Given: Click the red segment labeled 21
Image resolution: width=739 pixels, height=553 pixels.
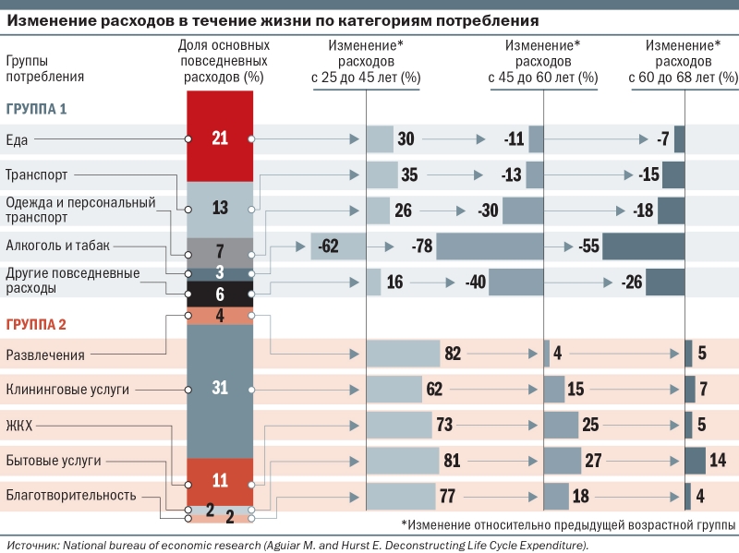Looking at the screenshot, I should tap(220, 138).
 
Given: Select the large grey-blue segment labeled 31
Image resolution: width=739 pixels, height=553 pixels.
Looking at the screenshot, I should tap(220, 388).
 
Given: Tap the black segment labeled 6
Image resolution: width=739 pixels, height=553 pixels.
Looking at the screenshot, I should tap(220, 295).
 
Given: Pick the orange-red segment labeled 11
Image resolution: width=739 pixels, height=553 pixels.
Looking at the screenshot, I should tap(220, 480).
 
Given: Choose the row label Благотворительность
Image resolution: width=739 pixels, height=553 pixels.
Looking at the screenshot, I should tap(71, 495).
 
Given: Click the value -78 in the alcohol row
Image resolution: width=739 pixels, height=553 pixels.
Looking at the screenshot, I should tap(421, 246).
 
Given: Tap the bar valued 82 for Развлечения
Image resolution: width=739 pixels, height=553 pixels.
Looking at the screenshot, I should tap(403, 354).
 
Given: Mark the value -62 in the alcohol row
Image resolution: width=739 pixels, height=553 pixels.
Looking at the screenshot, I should tap(327, 246).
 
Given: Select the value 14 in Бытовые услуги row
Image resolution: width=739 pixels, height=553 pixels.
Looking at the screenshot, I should tap(718, 461).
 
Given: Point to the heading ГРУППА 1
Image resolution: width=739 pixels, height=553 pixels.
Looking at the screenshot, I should tap(36, 109).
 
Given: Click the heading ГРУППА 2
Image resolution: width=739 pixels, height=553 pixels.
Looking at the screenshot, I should tap(36, 324).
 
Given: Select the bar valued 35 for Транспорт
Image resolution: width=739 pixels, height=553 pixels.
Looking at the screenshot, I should tap(382, 174).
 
